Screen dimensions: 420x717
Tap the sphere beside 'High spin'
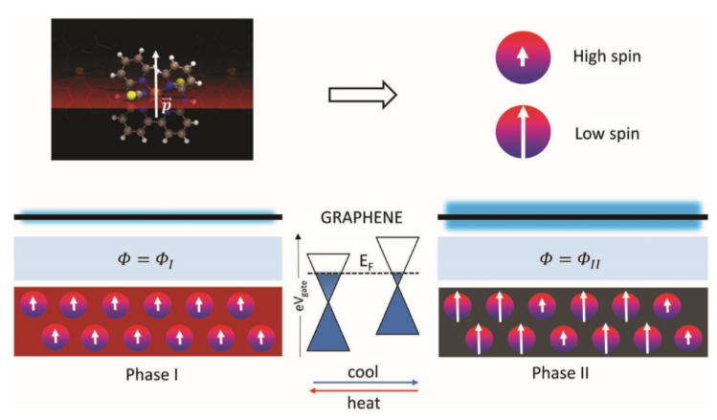coord(522,58)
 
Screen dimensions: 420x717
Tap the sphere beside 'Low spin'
coord(522,133)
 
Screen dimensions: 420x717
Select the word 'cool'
coord(361,366)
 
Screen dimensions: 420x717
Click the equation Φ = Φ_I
coord(147,257)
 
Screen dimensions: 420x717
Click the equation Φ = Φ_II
coord(571,257)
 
